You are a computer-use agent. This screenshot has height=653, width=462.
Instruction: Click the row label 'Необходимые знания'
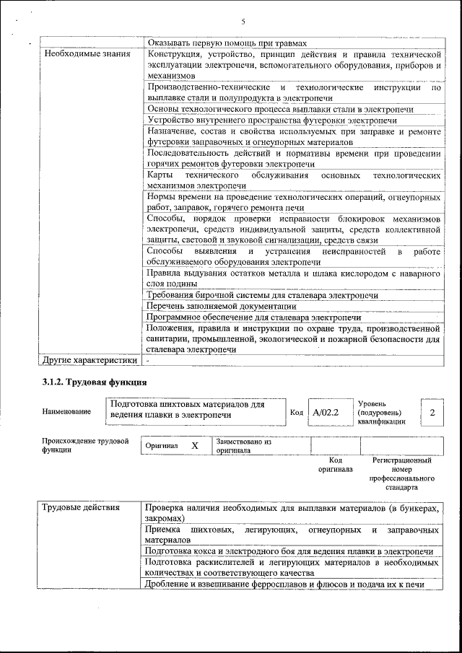pos(87,54)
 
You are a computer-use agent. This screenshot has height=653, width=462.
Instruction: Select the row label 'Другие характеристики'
pos(90,359)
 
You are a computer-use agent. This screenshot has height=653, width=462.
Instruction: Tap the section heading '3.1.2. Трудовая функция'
pos(95,382)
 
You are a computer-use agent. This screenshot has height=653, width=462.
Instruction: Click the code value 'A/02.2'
pos(326,412)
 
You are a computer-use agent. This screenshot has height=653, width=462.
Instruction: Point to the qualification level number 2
pos(432,412)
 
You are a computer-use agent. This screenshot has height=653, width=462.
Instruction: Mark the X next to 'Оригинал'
pos(195,446)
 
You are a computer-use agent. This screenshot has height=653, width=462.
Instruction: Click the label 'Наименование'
pos(66,411)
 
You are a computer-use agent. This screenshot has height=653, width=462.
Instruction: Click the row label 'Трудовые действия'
pos(82,509)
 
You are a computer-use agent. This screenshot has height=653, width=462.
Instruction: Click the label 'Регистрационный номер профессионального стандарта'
pos(401,473)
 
